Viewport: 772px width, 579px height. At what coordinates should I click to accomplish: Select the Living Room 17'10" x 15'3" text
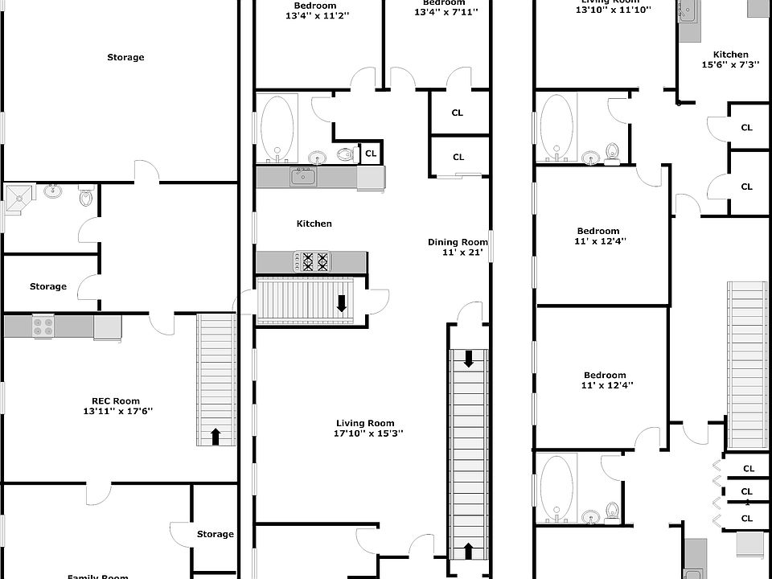tap(368, 428)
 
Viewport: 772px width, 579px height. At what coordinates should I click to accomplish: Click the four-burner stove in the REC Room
tap(43, 326)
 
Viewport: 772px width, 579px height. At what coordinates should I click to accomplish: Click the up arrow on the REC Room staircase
tap(215, 436)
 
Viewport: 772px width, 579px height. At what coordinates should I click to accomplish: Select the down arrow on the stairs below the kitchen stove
tap(342, 302)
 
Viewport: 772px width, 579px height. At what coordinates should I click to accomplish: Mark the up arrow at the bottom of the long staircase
tap(469, 551)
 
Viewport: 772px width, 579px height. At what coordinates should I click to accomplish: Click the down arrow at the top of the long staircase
tap(468, 360)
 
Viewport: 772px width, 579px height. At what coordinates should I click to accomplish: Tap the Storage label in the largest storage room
tap(125, 57)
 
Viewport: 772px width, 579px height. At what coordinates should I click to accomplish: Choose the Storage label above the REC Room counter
tap(48, 286)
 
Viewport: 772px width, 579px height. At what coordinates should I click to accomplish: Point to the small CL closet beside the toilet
tap(371, 153)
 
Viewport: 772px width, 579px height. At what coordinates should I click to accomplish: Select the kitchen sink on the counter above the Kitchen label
tap(303, 176)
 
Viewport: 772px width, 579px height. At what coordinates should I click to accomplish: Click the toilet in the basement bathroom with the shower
tap(85, 195)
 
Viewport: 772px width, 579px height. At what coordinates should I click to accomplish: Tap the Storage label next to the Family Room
tap(215, 534)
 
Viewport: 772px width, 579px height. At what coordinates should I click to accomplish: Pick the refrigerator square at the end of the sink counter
tap(371, 177)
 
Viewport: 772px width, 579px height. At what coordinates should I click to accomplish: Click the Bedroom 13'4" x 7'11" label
tap(446, 8)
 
